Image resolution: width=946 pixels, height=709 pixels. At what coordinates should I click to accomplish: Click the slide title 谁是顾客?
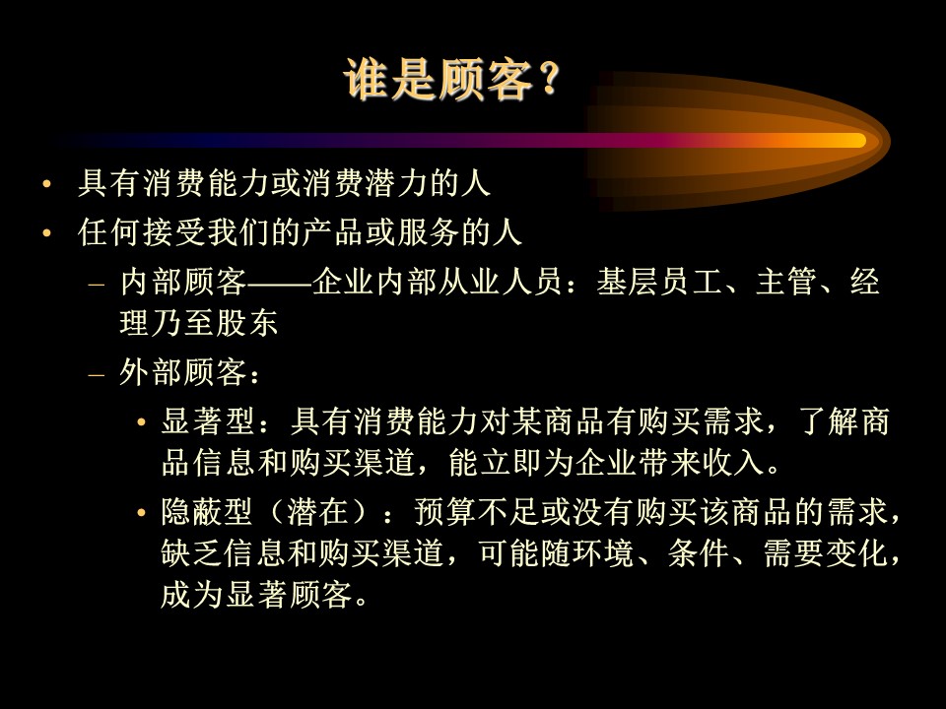coord(452,80)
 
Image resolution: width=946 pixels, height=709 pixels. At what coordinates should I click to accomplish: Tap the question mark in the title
coord(550,80)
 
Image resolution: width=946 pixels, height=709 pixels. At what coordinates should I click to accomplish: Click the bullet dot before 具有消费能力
coord(47,184)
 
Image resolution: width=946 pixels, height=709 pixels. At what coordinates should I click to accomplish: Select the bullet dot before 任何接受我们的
coord(47,232)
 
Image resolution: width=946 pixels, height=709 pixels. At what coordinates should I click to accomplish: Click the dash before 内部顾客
coord(97,284)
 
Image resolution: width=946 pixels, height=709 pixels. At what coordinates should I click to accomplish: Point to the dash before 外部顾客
coord(97,374)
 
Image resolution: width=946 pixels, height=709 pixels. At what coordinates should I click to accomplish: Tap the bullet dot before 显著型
coord(141,421)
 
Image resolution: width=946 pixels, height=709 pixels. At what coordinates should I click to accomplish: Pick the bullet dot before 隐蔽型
coord(141,513)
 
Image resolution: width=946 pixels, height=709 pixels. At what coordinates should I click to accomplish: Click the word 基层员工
coord(659,282)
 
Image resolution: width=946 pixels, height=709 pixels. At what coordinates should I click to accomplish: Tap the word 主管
coord(785,282)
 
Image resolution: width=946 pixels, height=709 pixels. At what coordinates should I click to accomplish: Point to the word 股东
coord(246,323)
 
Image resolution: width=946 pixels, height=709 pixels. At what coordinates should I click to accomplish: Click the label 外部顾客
coord(182,372)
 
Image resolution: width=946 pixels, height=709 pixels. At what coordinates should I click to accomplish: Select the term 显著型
coord(207,420)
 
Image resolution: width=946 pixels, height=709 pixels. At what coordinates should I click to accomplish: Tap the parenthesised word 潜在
coord(317,512)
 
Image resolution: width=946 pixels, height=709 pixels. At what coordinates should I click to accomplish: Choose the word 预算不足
coord(477,512)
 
